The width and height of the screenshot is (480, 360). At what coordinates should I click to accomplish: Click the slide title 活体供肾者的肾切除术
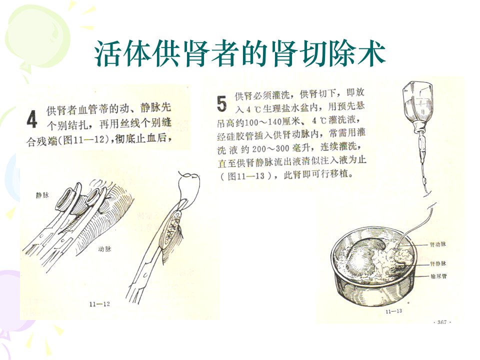[x=239, y=54]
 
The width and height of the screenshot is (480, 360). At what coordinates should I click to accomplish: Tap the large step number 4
[x=32, y=119]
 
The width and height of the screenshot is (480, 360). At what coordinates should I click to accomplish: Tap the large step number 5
[x=221, y=103]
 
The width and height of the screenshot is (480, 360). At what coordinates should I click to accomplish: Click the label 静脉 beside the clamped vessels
[x=42, y=195]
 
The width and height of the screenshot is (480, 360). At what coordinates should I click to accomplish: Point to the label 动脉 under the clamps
[x=104, y=249]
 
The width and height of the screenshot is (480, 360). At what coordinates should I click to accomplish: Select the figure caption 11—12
[x=99, y=304]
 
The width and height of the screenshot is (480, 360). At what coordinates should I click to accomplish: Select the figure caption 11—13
[x=394, y=311]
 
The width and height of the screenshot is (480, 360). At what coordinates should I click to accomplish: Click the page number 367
[x=442, y=322]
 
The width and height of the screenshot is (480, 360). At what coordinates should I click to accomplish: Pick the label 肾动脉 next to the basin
[x=438, y=244]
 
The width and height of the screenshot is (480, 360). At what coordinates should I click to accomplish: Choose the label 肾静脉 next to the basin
[x=438, y=263]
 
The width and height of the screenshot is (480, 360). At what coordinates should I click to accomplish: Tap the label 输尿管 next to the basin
[x=438, y=276]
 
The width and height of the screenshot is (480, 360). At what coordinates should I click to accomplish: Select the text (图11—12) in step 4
[x=85, y=140]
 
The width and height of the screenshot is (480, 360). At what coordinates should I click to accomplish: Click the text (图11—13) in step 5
[x=246, y=176]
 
